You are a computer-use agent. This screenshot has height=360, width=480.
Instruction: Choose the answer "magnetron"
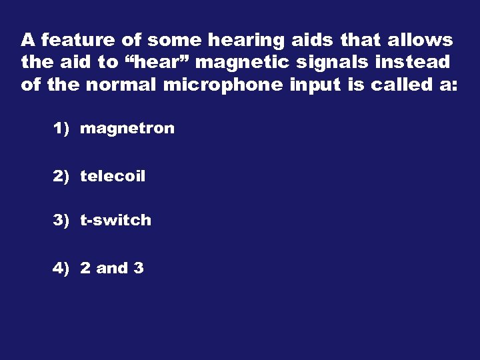[x=127, y=129]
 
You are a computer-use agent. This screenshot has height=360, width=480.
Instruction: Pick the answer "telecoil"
[x=113, y=177]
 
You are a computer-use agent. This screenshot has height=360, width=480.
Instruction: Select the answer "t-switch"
[x=115, y=220]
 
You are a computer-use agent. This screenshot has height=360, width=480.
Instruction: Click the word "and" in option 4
[x=111, y=268]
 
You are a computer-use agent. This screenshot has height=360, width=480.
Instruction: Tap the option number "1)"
[x=61, y=129]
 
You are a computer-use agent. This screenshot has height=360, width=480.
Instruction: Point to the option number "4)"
[x=61, y=268]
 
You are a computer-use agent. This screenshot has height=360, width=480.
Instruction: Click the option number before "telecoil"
[x=61, y=177]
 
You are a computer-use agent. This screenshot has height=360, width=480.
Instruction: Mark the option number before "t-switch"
[x=61, y=220]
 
